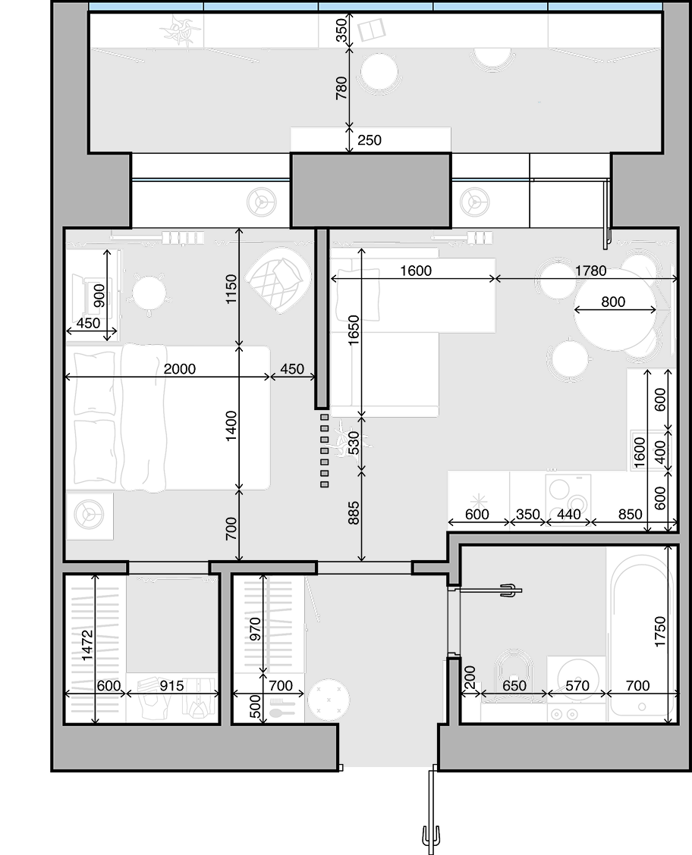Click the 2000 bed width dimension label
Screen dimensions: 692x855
point(180,368)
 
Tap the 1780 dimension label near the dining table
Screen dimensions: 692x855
point(590,271)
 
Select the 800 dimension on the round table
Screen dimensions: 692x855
point(613,302)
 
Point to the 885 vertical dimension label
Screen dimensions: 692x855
point(354,513)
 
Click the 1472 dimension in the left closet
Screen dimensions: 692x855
point(87,646)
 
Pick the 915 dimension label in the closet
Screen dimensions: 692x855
point(171,685)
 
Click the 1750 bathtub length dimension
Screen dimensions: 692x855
point(660,631)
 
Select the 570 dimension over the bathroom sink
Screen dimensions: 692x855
point(577,685)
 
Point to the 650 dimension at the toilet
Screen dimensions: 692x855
point(514,685)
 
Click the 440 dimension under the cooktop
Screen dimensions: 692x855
point(568,514)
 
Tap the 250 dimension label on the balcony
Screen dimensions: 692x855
point(370,140)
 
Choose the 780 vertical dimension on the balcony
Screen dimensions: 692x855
point(341,88)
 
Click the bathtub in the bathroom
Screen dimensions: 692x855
point(642,636)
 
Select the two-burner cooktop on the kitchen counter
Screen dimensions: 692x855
point(568,495)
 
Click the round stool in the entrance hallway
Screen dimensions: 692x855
point(328,700)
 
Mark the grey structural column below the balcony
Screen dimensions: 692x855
point(370,190)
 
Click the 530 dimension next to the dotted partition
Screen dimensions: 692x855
point(354,443)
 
